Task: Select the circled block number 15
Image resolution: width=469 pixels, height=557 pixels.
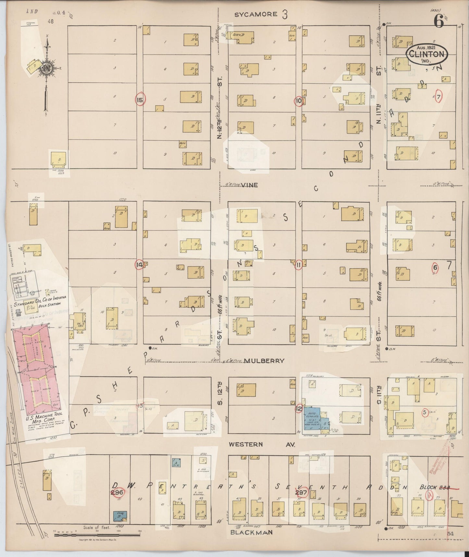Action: pos(140,100)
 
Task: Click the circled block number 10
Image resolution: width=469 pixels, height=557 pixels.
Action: pos(299,101)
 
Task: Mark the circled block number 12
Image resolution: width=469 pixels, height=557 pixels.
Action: pos(299,408)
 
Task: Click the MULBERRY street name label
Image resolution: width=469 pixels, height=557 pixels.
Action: pos(265,361)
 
